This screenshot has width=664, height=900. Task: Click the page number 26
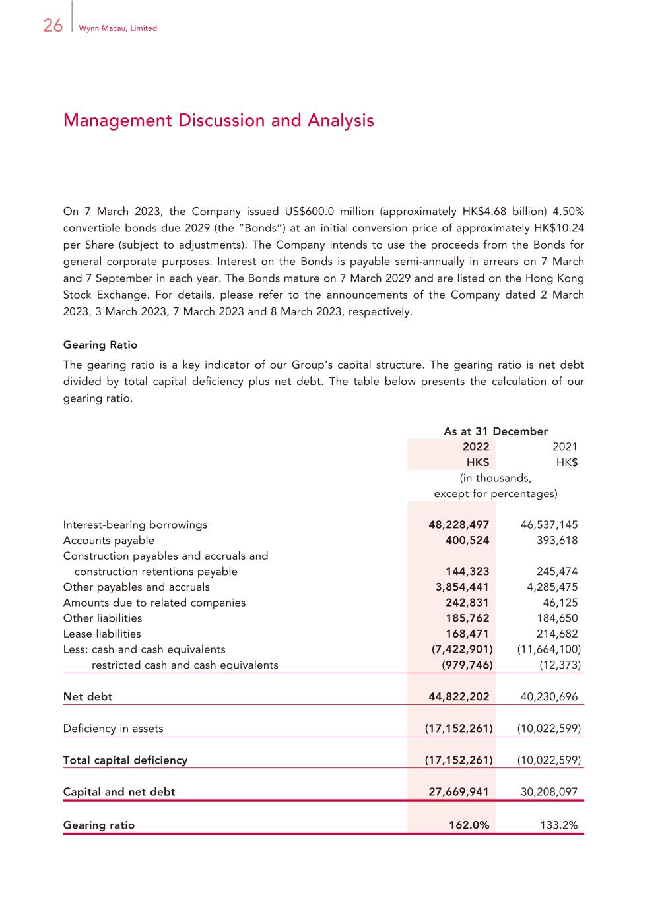53,26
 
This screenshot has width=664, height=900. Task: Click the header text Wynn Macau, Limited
117,28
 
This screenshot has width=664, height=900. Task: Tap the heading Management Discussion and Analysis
218,121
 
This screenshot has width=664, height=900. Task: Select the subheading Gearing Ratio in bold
100,345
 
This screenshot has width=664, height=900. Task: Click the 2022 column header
475,447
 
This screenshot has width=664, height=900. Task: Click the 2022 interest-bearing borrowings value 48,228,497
459,525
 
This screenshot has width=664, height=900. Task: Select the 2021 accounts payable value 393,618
557,541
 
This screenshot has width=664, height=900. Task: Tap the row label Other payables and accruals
136,587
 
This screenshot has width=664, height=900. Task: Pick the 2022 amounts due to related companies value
467,603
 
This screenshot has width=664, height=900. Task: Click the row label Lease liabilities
102,634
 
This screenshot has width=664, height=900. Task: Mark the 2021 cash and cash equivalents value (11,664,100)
549,649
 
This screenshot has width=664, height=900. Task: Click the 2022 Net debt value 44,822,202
459,696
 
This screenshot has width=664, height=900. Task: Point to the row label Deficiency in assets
113,729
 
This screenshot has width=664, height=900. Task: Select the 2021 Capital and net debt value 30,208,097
549,792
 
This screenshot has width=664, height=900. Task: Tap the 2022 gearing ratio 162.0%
469,825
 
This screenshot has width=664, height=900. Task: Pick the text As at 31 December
495,431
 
